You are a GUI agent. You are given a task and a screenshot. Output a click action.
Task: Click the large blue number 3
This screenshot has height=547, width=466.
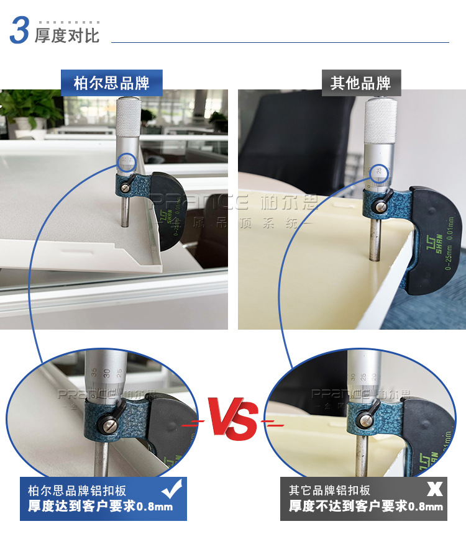(19, 31)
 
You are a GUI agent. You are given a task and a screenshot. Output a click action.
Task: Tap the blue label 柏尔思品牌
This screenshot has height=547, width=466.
(111, 83)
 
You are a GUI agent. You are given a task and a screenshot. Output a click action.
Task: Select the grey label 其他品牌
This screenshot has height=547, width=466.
(360, 83)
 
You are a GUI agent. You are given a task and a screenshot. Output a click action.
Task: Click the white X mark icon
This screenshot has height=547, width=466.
(434, 489)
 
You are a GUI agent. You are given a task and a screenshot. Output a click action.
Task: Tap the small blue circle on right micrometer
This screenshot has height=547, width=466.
(378, 172)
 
